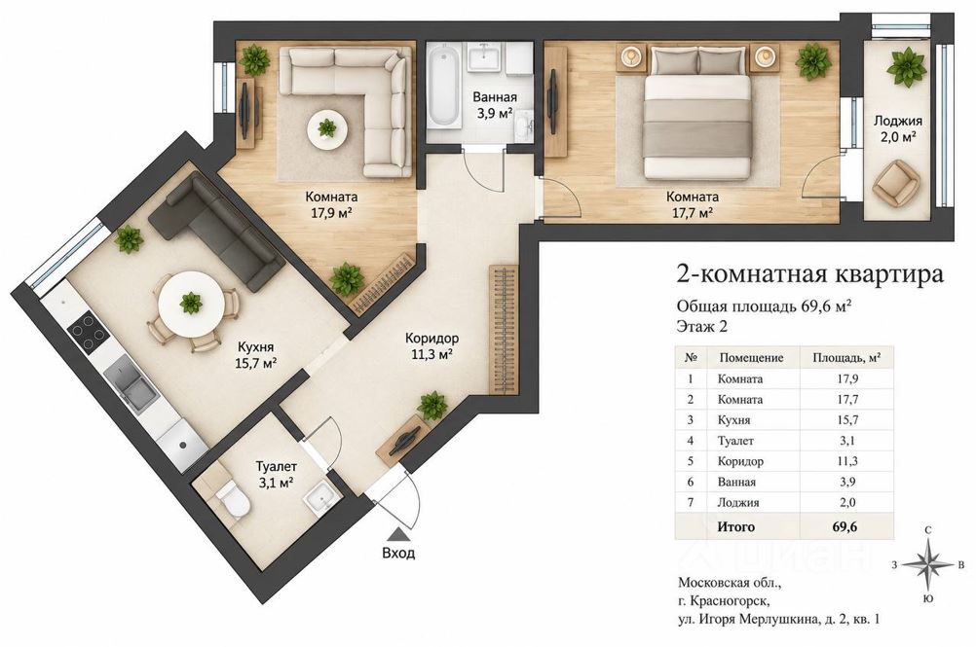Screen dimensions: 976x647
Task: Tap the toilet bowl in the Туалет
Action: pos(232,496)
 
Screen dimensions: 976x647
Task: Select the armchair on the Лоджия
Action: pos(896,183)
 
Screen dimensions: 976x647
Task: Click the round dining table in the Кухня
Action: pos(191,304)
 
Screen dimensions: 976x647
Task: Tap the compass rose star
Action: pos(927,564)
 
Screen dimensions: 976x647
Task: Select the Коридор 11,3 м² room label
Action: pos(432,346)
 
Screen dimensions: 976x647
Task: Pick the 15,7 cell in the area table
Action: pos(847,420)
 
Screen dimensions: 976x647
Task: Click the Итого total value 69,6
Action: pos(845,527)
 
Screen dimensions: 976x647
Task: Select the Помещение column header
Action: pos(751,358)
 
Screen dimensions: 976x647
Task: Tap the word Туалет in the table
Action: pos(735,441)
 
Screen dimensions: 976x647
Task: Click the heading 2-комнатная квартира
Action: pos(809,273)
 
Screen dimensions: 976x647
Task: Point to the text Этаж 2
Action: pos(701,326)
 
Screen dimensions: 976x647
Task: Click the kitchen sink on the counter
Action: pos(131,384)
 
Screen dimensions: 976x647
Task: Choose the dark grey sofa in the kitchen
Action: pos(217,231)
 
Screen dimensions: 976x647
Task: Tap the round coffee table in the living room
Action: pos(326,128)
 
